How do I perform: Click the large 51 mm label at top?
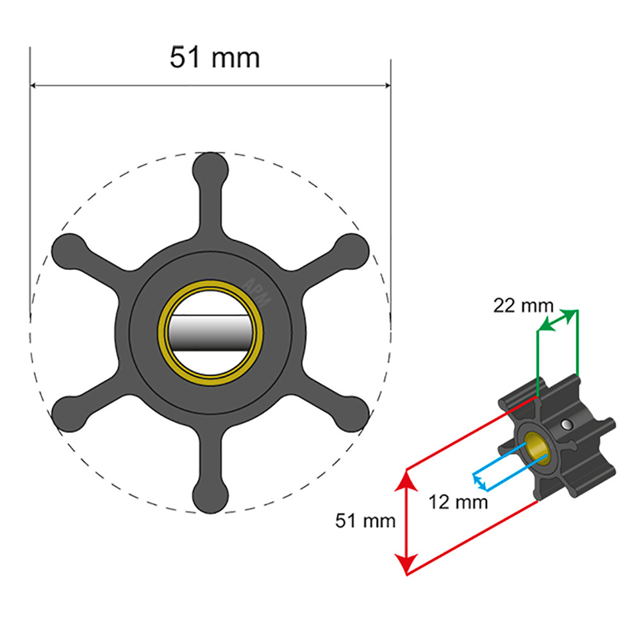[x=215, y=58]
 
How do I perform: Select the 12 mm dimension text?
[x=458, y=502]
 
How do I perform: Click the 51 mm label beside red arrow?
[x=365, y=521]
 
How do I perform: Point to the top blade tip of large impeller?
[x=211, y=167]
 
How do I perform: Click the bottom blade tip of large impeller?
[x=211, y=497]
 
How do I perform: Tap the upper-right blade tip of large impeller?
[x=353, y=249]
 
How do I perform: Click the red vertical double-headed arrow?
[x=405, y=521]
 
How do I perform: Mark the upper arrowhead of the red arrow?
[x=405, y=478]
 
